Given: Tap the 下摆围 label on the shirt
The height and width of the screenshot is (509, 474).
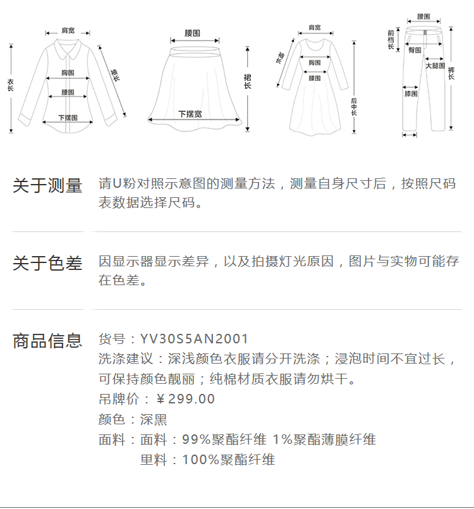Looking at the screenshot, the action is (x=68, y=118).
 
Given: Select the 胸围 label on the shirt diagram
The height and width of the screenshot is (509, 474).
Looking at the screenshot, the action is (x=68, y=73).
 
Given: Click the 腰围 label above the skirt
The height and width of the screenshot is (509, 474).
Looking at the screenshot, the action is (x=192, y=32).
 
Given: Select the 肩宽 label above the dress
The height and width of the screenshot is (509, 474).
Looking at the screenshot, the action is (x=314, y=28).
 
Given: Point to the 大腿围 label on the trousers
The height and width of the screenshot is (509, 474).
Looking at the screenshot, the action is (x=435, y=66).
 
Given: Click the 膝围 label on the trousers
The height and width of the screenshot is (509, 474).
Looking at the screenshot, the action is (x=411, y=94).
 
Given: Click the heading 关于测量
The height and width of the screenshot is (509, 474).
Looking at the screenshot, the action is (x=47, y=186).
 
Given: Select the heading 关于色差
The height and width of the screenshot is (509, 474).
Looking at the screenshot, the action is (x=47, y=263).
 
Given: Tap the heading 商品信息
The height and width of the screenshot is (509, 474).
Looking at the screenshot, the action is (x=47, y=341).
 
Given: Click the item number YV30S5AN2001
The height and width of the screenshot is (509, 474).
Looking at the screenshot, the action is (x=195, y=340).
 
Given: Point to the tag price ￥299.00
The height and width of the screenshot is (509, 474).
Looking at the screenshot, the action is (x=185, y=399).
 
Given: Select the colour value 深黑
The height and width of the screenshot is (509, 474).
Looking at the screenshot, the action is (x=153, y=419).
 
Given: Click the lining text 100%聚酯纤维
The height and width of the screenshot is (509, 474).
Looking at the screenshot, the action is (x=228, y=460).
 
